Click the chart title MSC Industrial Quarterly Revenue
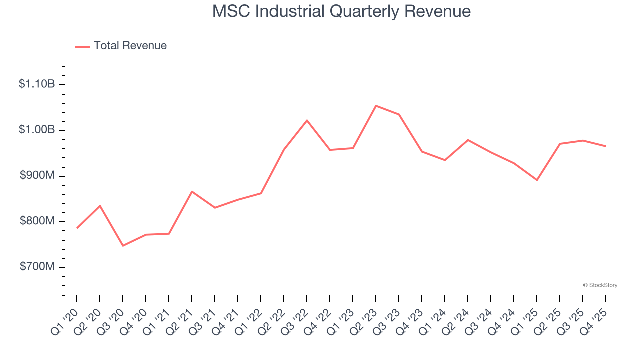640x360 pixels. point(341,11)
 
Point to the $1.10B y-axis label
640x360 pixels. point(37,84)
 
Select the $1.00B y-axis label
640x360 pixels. point(37,130)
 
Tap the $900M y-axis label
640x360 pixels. point(37,176)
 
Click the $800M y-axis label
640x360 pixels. point(37,221)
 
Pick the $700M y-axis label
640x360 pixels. point(37,267)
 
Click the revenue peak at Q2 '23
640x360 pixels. point(376,106)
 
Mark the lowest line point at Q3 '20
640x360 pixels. point(123,246)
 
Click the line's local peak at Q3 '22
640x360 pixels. point(307,120)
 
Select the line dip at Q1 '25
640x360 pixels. point(537,180)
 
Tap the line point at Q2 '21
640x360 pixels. point(192,191)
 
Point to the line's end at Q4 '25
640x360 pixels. point(606,146)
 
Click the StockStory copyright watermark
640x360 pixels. point(600,285)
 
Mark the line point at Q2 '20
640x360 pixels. point(100,206)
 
